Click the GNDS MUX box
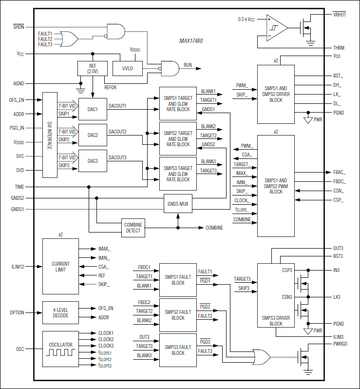pyautogui.click(x=177, y=204)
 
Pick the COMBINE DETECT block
pyautogui.click(x=133, y=228)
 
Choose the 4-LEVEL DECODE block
pyautogui.click(x=60, y=312)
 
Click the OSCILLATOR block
pyautogui.click(x=60, y=348)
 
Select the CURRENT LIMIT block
pyautogui.click(x=60, y=267)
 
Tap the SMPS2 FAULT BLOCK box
pyautogui.click(x=178, y=314)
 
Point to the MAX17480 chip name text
pyautogui.click(x=191, y=41)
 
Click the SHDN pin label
pyautogui.click(x=19, y=27)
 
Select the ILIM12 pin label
pyautogui.click(x=19, y=267)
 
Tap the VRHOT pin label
pyautogui.click(x=339, y=14)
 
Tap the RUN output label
pyautogui.click(x=188, y=65)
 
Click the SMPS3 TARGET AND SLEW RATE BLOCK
pyautogui.click(x=178, y=174)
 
